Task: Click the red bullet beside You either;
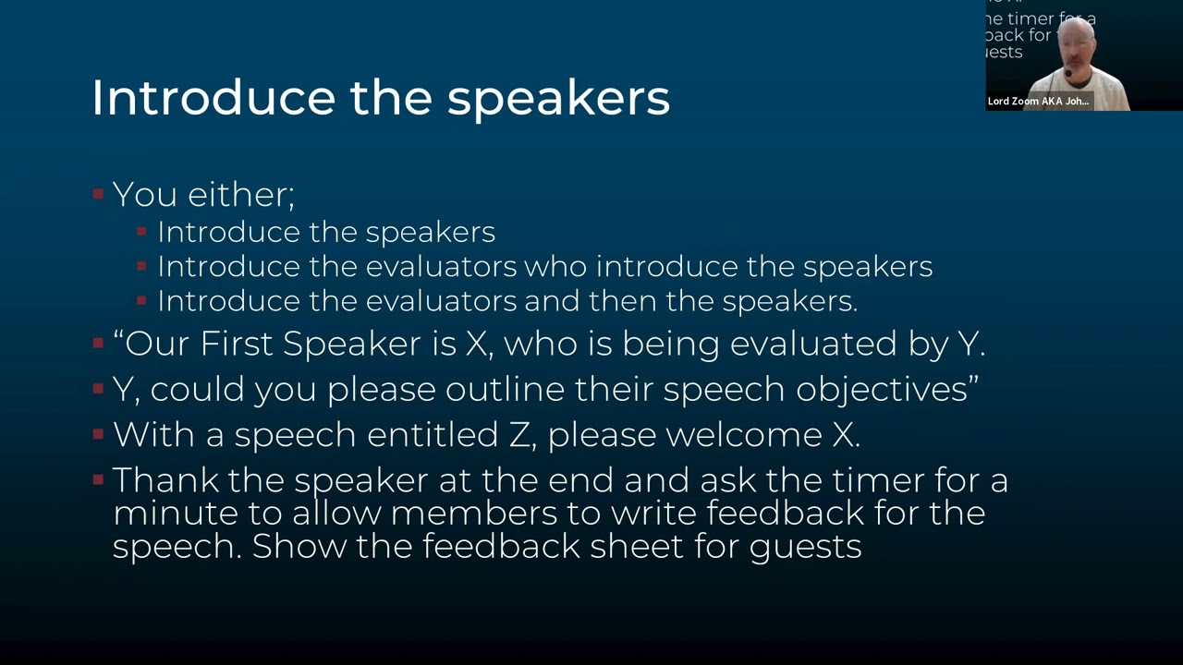(98, 194)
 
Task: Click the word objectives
(886, 389)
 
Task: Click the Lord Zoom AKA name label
(1039, 102)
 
